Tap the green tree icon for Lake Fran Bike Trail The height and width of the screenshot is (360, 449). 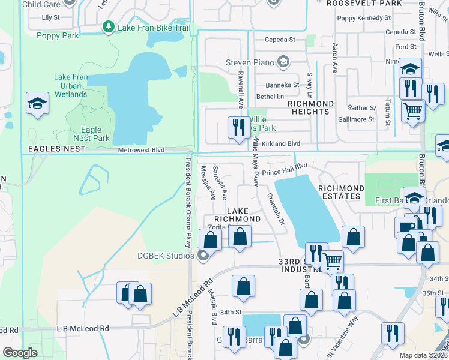[x=108, y=27]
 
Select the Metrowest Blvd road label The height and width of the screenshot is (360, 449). [x=141, y=151]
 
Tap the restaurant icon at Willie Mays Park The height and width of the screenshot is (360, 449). [x=238, y=127]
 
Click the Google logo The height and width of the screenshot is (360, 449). [x=20, y=353]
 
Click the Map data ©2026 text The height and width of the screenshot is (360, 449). [x=423, y=355]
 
